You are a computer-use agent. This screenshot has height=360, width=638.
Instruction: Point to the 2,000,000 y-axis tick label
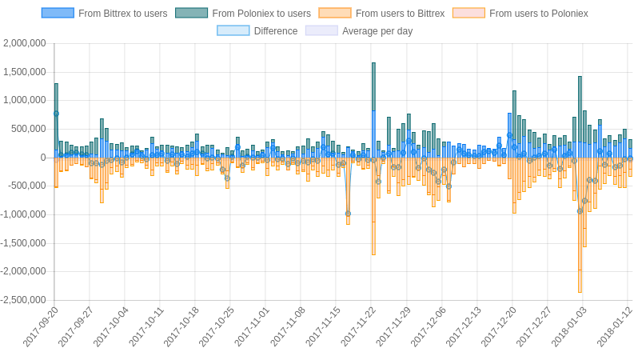click(25, 43)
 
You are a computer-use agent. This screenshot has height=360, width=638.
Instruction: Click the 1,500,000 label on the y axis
click(25, 72)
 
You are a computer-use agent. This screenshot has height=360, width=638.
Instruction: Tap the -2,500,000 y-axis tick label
click(23, 300)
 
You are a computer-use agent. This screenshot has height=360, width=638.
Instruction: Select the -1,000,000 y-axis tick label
click(23, 214)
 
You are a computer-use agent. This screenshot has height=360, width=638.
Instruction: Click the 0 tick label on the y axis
click(43, 158)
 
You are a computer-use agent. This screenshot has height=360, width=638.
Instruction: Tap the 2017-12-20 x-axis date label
click(500, 326)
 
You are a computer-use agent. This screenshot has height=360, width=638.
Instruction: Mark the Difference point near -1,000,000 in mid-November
click(348, 214)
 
